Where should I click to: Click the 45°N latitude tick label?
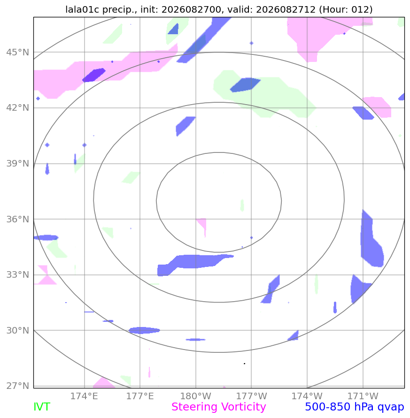[18, 52]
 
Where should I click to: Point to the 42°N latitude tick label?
[18, 108]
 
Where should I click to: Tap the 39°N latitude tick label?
[18, 163]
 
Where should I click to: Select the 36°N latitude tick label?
[18, 219]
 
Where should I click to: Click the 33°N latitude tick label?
[18, 274]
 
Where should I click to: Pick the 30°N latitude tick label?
[18, 330]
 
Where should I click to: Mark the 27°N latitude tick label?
[18, 386]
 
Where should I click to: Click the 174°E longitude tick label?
[84, 396]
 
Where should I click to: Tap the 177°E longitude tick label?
[140, 396]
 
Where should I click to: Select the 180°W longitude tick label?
[196, 396]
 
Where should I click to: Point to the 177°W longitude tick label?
[251, 396]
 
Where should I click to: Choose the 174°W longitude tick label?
[307, 396]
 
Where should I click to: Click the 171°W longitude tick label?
[363, 396]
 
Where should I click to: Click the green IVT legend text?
[42, 407]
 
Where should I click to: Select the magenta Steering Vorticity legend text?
[218, 407]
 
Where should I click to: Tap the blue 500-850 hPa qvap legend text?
[355, 407]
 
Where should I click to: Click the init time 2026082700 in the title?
[192, 9]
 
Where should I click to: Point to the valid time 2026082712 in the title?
[286, 9]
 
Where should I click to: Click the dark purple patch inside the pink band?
[93, 75]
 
